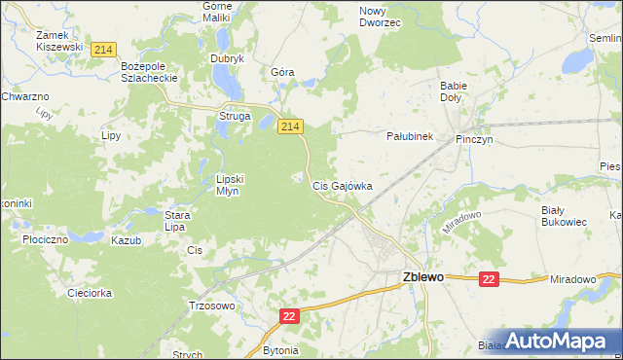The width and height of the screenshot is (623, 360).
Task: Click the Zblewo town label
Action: coord(423,277)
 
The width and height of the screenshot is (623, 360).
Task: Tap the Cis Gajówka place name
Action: coord(341,185)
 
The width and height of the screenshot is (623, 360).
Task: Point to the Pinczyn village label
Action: coord(476,140)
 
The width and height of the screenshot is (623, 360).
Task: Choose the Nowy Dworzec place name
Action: coord(380,16)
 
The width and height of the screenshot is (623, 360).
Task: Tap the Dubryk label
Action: coord(227,58)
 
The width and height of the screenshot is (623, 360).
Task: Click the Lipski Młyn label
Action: coord(234,185)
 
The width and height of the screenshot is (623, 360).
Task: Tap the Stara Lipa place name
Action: coord(175,221)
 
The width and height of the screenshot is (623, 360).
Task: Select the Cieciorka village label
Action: coord(91,293)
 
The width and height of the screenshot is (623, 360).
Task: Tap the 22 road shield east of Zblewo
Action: coord(489,279)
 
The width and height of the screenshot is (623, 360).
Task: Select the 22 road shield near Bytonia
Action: coord(289,316)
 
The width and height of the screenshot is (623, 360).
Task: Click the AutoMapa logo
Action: coord(557,341)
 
